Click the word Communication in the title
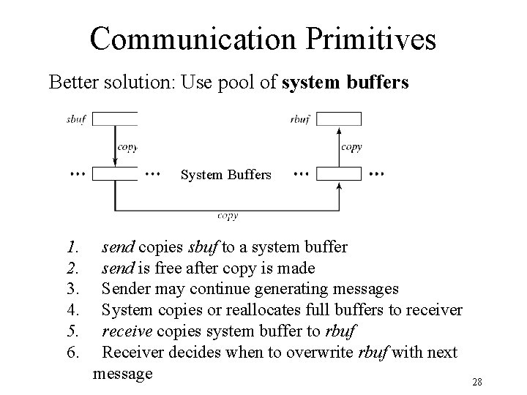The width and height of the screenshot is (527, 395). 193,39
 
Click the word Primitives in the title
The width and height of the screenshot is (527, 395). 370,39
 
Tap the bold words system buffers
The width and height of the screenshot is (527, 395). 345,83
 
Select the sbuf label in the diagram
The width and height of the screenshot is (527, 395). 76,119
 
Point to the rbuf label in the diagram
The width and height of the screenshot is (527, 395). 300,119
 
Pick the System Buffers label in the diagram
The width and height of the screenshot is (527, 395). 226,175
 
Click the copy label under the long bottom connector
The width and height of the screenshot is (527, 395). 228,216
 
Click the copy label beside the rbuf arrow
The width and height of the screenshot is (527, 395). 351,147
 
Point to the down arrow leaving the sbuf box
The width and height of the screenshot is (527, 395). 115,146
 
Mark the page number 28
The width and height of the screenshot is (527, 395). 477,382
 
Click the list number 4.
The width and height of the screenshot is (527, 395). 73,309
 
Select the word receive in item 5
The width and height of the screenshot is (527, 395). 127,331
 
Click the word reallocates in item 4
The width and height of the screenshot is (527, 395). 263,309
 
